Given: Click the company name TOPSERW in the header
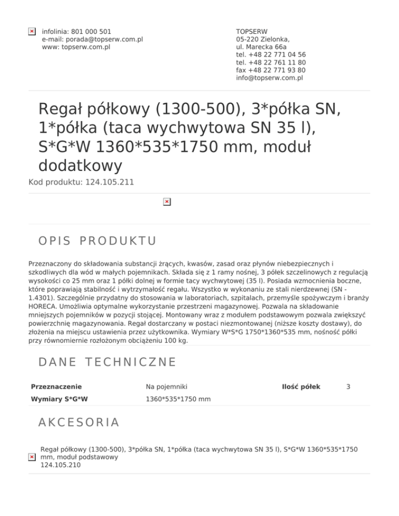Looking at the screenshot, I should coord(251,32).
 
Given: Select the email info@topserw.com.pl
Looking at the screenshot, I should coord(269,78).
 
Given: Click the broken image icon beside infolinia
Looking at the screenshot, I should coord(32,32).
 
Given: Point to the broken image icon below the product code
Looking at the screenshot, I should coord(166,201).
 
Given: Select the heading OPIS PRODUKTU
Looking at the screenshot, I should coord(98,241).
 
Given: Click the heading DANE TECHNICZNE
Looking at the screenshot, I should coord(108,361).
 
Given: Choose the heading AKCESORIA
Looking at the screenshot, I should coord(79,422).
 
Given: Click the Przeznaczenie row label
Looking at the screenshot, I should coord(56,387).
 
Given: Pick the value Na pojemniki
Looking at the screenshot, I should coord(167,387).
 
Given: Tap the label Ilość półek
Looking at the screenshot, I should coord(301,387).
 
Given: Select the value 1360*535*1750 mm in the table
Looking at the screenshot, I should coord(178,400).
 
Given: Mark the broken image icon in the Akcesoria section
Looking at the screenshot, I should coord(32,457).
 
